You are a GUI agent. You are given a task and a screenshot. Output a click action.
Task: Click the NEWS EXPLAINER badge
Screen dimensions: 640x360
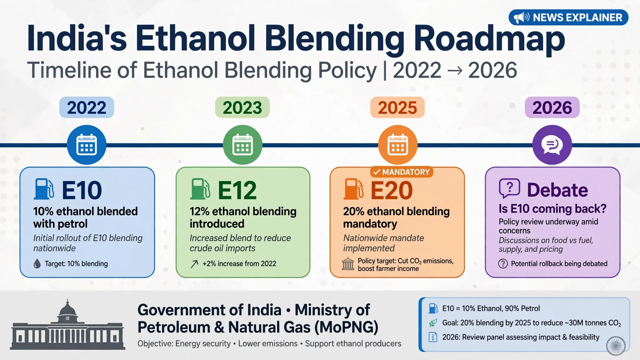tap(568, 17)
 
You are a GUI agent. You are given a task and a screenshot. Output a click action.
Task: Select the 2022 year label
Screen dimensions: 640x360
tap(87, 107)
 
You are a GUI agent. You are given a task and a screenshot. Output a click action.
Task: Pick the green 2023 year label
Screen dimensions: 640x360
tap(242, 107)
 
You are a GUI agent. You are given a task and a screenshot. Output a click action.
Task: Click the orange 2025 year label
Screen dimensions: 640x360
tap(397, 107)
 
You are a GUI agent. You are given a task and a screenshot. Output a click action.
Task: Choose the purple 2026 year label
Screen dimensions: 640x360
tap(552, 107)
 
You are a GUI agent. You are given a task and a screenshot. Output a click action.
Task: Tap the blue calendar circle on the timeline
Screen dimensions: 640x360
tap(87, 145)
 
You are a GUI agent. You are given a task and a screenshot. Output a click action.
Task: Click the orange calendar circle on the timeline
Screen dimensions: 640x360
tap(398, 145)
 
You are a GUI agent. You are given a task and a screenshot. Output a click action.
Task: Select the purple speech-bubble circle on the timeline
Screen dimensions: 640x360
tap(552, 145)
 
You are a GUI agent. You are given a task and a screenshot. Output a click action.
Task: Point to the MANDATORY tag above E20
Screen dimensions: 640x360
tap(402, 172)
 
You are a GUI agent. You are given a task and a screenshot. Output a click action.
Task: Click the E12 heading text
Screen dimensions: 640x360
tap(237, 190)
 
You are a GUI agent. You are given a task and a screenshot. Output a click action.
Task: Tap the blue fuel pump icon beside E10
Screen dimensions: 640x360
tap(44, 189)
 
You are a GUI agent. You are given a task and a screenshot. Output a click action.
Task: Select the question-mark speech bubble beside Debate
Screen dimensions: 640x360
tap(509, 188)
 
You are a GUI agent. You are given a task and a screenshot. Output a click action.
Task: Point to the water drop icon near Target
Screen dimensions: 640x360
tap(37, 263)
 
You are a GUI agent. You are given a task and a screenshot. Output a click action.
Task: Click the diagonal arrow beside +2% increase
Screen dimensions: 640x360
tap(194, 264)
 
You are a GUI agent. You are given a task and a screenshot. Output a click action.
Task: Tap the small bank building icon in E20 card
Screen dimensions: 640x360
tap(348, 264)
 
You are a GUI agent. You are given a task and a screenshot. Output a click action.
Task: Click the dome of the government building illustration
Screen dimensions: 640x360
tap(67, 309)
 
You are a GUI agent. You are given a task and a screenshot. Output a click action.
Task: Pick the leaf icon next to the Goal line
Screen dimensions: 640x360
tap(433, 323)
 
